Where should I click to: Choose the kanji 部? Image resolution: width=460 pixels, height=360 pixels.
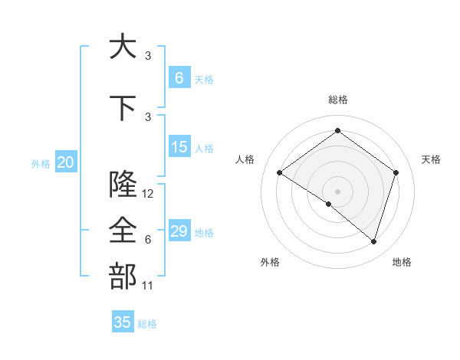coord(122,277)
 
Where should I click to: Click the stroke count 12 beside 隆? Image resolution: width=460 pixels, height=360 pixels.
coord(148,194)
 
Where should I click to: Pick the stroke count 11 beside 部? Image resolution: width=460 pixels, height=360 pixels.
coord(148,286)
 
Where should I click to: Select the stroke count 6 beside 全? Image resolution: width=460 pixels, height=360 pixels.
coord(147,240)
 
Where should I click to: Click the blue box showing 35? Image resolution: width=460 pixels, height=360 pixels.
coord(123,322)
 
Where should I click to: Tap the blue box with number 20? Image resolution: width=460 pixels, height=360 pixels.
coord(65,162)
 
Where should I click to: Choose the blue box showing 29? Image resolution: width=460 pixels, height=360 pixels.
coord(179,231)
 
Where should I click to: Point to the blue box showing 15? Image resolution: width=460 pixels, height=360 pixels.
coord(179,147)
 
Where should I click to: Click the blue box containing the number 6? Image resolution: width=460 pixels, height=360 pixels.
coord(179,78)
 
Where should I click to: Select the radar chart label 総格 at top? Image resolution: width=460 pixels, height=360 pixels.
coord(337,100)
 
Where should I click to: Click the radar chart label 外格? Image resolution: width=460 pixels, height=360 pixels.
coord(270,262)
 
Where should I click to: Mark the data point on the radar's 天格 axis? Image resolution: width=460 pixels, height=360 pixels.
coord(396,172)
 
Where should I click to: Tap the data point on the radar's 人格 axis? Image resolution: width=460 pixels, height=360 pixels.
coord(279,172)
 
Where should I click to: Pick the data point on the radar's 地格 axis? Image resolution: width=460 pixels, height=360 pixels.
coord(373,241)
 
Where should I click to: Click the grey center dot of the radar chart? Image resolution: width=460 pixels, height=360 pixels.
coord(337,191)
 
